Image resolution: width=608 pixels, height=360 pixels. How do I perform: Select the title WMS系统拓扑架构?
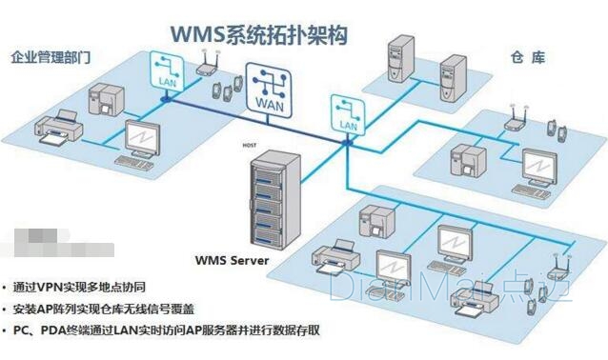pyautogui.click(x=258, y=35)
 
